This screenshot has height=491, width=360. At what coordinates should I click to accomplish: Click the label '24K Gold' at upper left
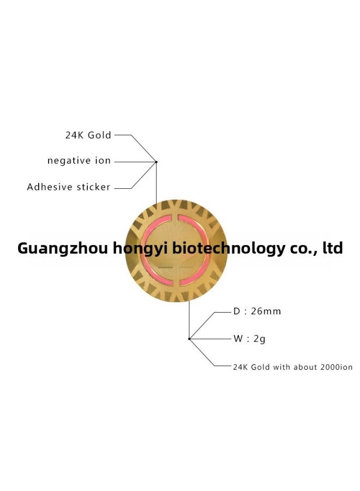click(88, 135)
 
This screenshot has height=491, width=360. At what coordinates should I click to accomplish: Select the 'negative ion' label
click(79, 160)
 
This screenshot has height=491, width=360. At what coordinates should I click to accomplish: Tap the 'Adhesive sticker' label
click(69, 187)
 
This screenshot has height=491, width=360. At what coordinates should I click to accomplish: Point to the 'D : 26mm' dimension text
click(257, 312)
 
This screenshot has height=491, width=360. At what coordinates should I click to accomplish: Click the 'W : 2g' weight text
click(249, 339)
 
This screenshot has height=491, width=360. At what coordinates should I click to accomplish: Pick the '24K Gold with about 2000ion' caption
click(293, 367)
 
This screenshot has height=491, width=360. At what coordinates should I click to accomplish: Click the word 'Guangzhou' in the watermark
click(63, 248)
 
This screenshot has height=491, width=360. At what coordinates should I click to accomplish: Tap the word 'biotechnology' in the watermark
click(229, 249)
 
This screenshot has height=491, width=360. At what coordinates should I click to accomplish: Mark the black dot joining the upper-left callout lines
click(156, 162)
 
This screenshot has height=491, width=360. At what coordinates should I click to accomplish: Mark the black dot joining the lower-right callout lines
click(189, 339)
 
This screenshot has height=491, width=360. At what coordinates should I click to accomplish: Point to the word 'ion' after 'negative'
click(103, 160)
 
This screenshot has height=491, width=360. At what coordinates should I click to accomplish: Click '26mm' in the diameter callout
click(266, 312)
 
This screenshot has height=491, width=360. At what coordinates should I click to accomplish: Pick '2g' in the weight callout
click(259, 339)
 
